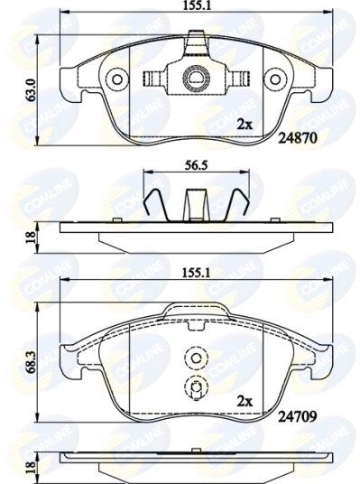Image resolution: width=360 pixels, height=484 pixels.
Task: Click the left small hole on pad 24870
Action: (x=116, y=80)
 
